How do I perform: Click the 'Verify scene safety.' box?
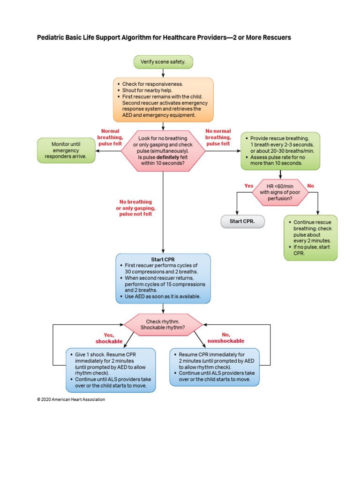163,61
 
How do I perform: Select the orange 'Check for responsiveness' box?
163,100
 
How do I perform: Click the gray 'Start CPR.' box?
242,221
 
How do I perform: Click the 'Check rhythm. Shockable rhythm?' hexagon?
163,324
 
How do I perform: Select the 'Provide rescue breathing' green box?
280,151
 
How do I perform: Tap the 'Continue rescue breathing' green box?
310,238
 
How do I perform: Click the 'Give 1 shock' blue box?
111,370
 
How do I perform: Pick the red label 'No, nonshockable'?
226,337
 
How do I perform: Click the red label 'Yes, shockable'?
109,338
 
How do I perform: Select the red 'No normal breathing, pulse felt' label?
218,137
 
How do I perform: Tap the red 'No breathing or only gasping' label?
135,208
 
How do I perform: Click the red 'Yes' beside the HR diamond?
249,186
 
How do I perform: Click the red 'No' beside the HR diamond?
310,186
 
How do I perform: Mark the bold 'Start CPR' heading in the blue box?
163,259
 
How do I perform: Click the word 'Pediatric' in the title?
51,37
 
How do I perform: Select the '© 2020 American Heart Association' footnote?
71,399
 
